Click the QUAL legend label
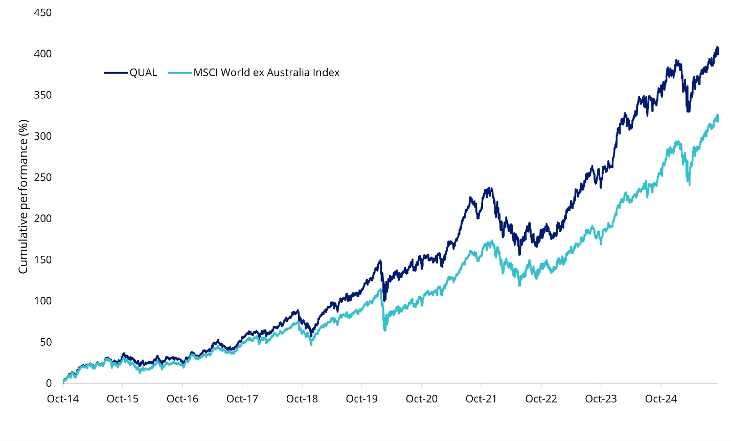coord(143,73)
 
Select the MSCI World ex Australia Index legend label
coord(266,73)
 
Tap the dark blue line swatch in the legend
coord(116,73)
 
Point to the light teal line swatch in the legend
coord(179,73)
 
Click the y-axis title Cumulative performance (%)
coord(23,197)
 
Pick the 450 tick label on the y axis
coord(43,13)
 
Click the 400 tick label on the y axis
coord(43,54)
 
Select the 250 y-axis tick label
coord(43,178)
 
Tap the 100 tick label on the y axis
coord(43,301)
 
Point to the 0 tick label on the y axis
coord(49,383)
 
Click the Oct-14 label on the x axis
coord(63,399)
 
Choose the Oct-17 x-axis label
coord(242,399)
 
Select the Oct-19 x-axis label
coord(362,399)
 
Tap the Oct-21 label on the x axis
coord(482,399)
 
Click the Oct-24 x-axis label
coord(661,399)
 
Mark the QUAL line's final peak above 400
coord(717,48)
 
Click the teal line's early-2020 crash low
coord(384,330)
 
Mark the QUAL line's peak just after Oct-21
coord(491,188)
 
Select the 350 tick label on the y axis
coord(43,95)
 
